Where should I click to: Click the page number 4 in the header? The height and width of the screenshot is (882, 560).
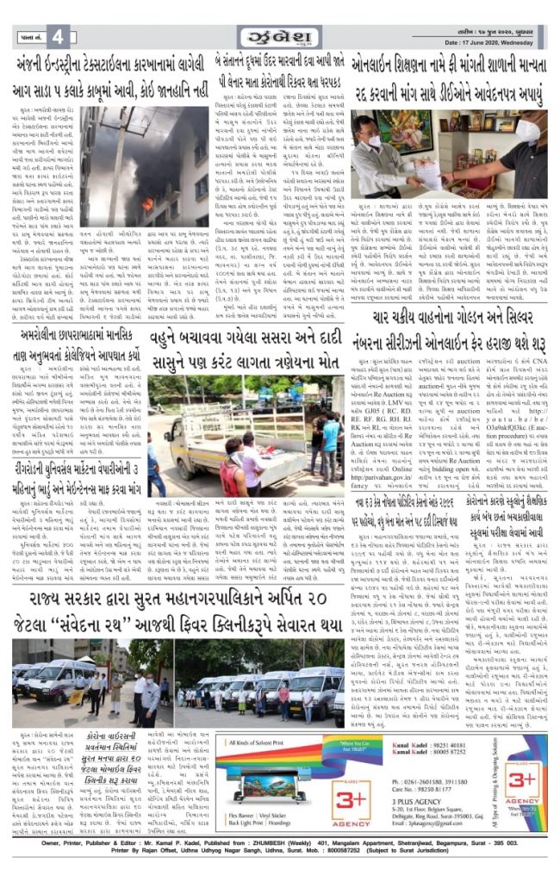tap(58, 37)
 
